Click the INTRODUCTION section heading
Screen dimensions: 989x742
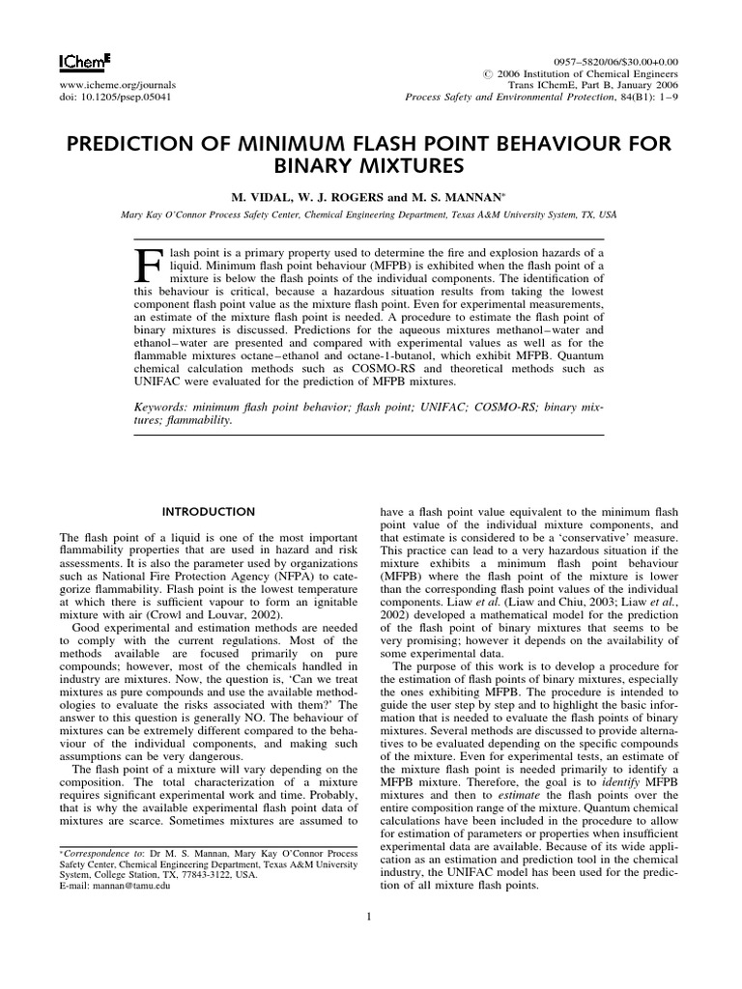(208, 511)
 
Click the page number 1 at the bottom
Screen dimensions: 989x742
(370, 917)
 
